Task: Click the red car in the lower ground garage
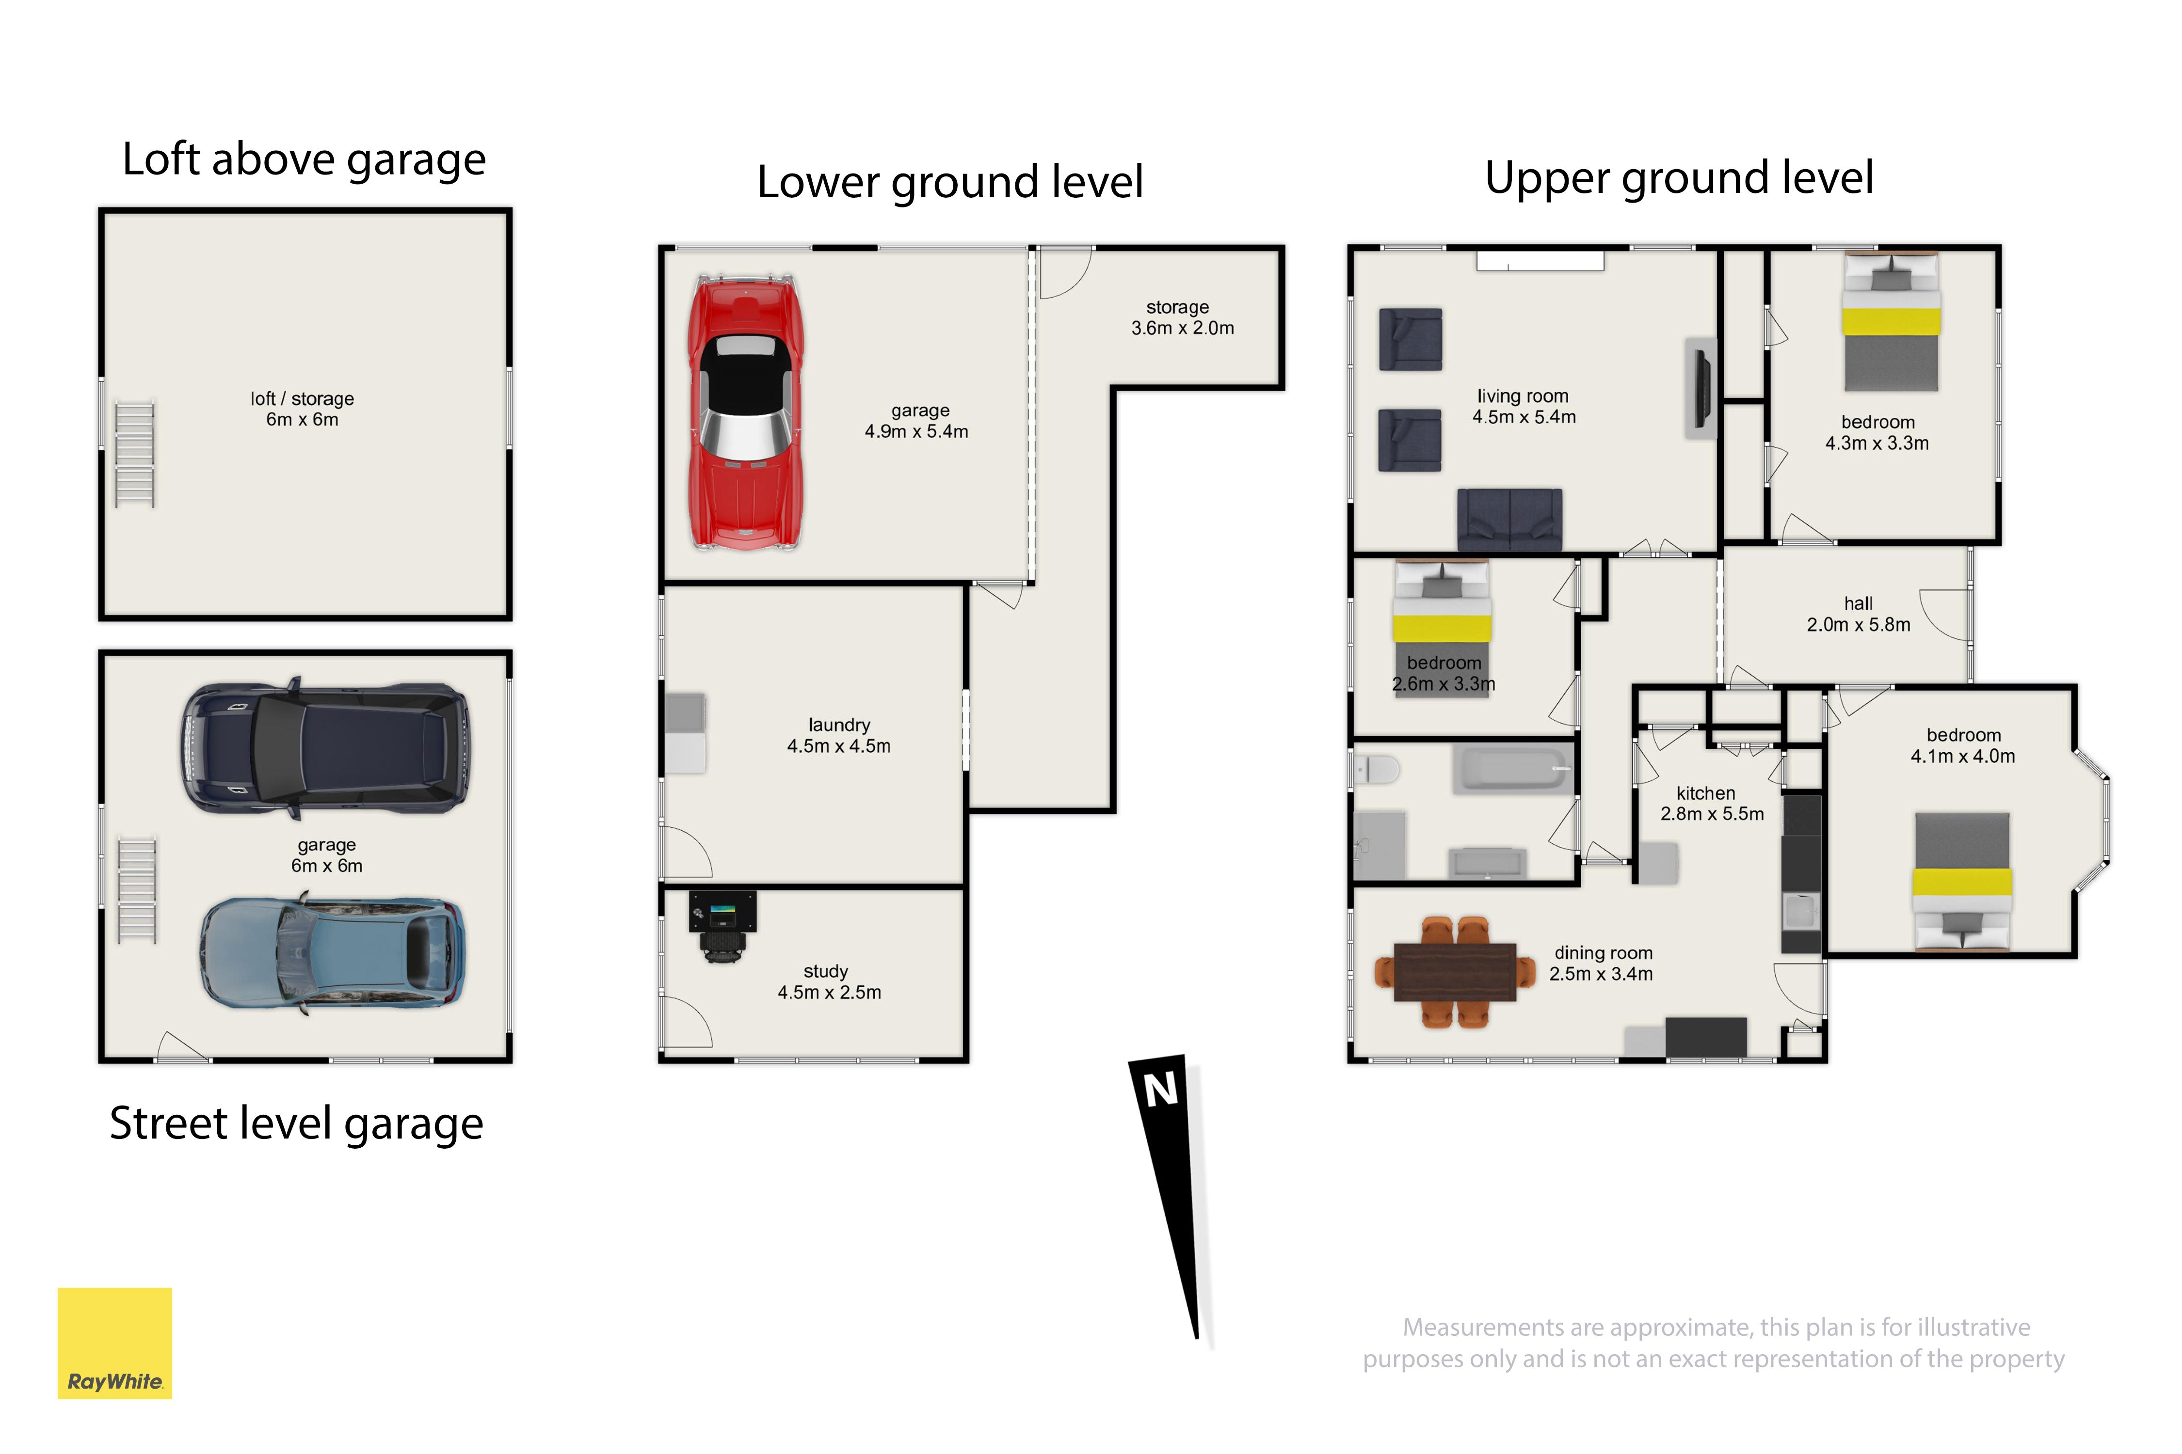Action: point(745,412)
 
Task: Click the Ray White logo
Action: point(115,1343)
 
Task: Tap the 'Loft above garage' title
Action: point(305,159)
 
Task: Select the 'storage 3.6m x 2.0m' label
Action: point(1182,317)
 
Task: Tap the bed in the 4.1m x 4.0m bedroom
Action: point(1962,881)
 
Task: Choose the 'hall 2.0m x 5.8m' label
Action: point(1858,614)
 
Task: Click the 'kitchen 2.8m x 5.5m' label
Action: point(1712,803)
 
